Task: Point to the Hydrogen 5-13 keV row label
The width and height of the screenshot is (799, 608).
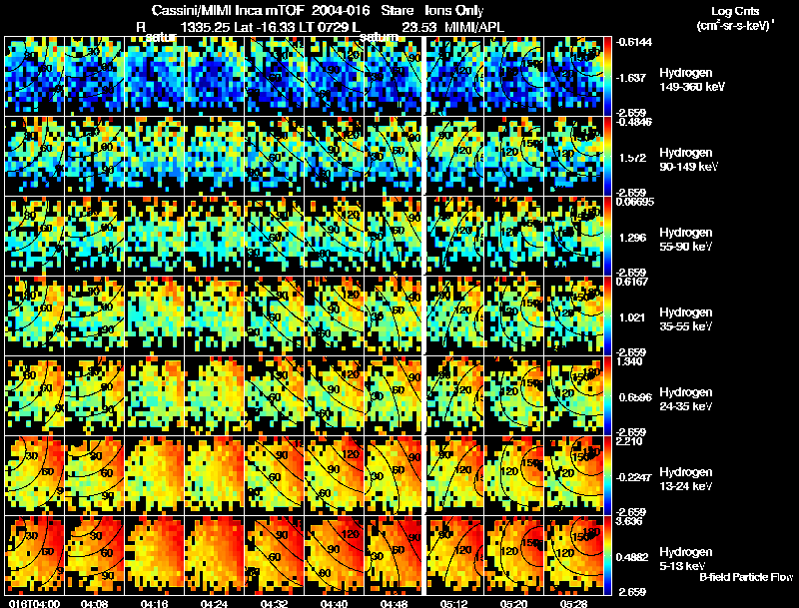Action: tap(685, 558)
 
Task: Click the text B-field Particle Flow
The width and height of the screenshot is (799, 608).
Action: tap(746, 577)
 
